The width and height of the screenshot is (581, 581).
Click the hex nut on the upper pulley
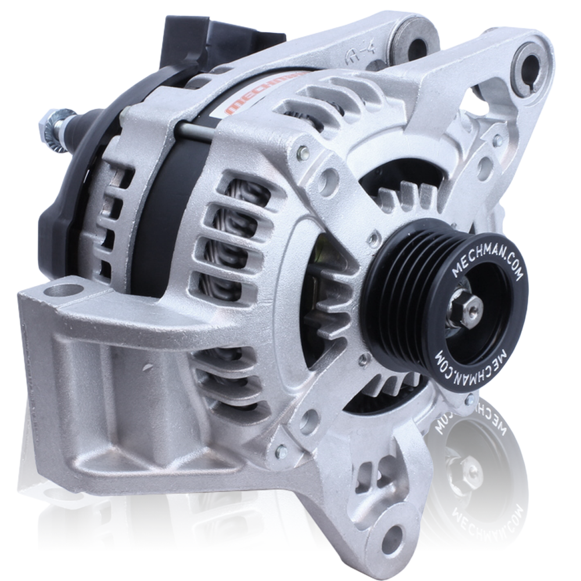click(468, 304)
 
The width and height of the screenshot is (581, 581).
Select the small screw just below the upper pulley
click(363, 361)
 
